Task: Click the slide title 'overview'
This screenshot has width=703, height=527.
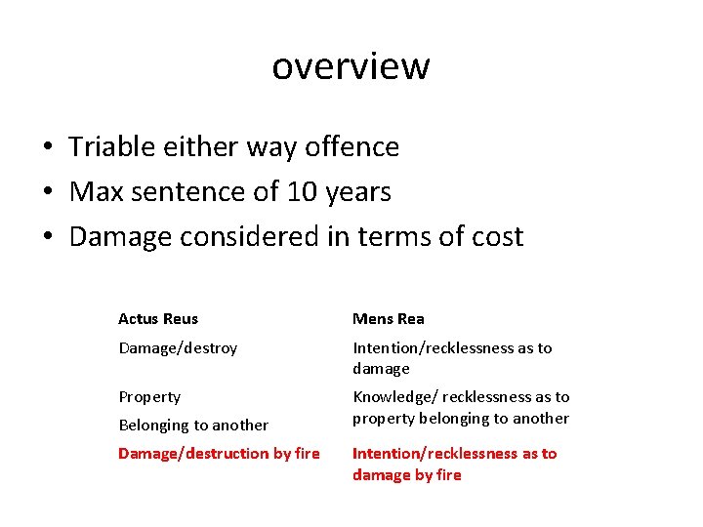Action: [x=351, y=66]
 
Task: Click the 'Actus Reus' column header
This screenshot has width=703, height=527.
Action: [x=158, y=319]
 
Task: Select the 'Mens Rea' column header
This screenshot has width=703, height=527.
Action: [x=389, y=319]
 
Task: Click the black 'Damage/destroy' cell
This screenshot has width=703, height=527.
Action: [x=178, y=348]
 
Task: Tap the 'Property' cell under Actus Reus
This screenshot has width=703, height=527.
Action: [x=149, y=397]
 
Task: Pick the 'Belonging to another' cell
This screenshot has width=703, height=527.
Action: [x=193, y=426]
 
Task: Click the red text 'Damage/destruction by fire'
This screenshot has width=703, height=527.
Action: [x=219, y=454]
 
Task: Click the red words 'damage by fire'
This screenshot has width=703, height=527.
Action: [x=407, y=475]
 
